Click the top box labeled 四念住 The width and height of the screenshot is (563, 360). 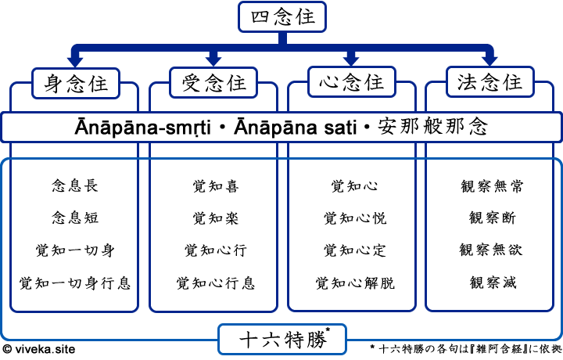point(282,17)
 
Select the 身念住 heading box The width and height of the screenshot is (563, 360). point(76,82)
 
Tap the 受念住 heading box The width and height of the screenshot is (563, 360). point(213,82)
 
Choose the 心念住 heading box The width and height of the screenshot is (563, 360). point(351,82)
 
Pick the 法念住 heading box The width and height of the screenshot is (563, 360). point(489,82)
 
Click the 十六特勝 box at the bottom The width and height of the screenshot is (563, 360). point(282,340)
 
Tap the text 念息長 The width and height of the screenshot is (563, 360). point(75,186)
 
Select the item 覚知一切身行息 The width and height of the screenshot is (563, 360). point(75,283)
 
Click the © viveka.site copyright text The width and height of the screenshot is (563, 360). point(39,350)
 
